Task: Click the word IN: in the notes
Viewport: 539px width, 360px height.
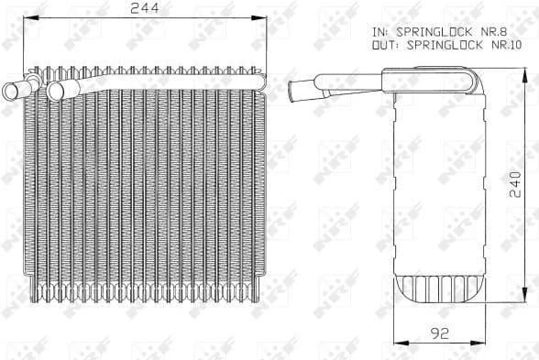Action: (381, 32)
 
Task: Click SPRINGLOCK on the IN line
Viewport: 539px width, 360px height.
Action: (434, 32)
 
